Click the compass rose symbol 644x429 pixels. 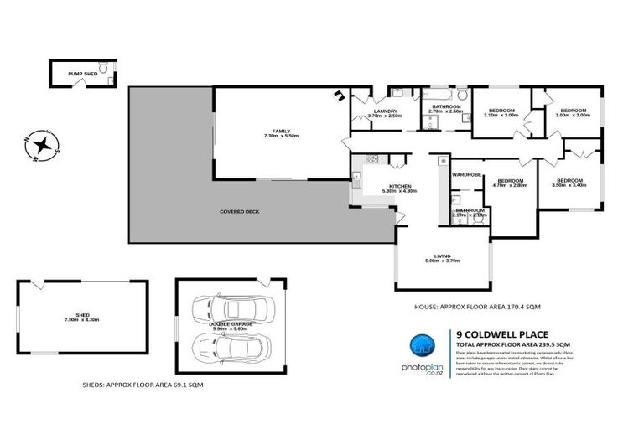click(x=39, y=146)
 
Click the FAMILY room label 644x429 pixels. click(x=277, y=132)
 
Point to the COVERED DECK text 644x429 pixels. click(x=239, y=212)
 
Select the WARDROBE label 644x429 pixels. click(x=466, y=174)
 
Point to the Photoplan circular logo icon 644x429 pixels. click(x=422, y=346)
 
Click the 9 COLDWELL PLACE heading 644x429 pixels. click(x=500, y=333)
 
